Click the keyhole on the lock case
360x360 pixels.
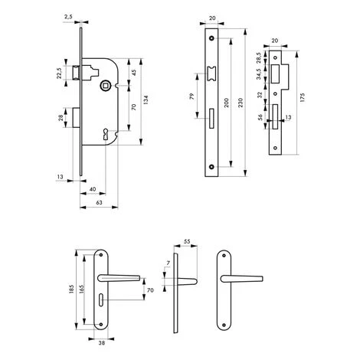click(x=106, y=134)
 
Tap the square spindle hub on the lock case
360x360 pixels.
click(x=105, y=85)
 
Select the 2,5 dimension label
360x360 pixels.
click(x=68, y=17)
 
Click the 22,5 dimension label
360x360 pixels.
click(x=59, y=73)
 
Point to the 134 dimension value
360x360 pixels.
click(x=146, y=100)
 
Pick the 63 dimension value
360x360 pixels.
click(x=99, y=202)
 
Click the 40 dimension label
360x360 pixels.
click(x=93, y=189)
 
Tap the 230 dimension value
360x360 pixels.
click(x=241, y=103)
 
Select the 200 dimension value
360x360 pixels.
click(x=226, y=103)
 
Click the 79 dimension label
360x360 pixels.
click(x=192, y=97)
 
